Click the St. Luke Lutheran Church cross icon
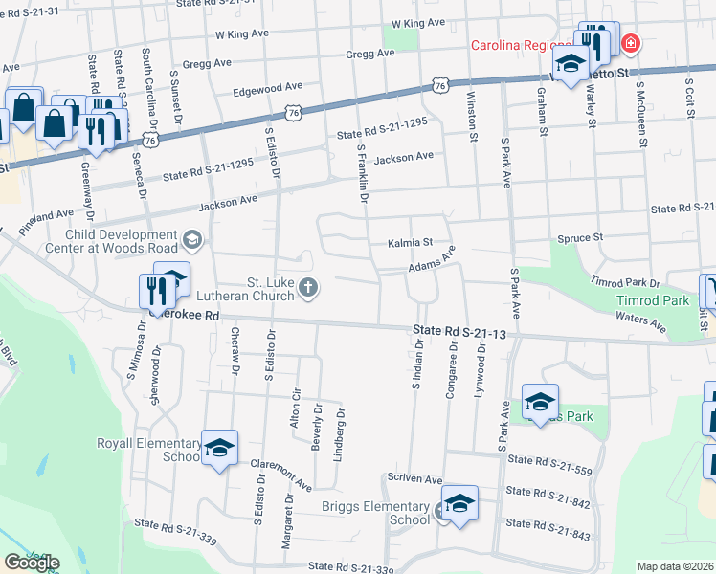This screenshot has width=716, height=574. tap(308, 287)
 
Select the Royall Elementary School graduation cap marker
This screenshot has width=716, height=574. tap(219, 449)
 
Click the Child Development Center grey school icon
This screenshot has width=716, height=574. tap(190, 239)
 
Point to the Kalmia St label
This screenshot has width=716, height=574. tap(411, 243)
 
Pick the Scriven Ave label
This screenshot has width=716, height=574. tap(414, 478)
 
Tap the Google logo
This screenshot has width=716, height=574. tap(32, 563)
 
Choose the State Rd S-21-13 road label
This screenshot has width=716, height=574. tap(459, 333)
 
